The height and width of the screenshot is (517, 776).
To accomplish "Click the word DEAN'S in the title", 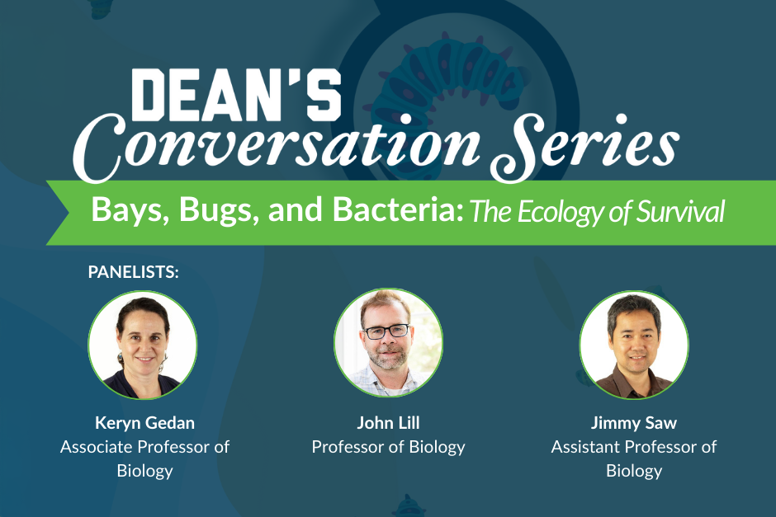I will pyautogui.click(x=236, y=93).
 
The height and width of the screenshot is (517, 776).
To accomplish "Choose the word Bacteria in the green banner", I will pyautogui.click(x=393, y=211).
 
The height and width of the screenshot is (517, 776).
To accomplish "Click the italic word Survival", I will pyautogui.click(x=681, y=212).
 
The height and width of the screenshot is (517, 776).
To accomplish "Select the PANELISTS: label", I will pyautogui.click(x=133, y=271).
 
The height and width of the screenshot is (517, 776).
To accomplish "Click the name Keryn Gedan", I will pyautogui.click(x=145, y=424).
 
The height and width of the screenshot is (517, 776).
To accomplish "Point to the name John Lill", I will pyautogui.click(x=388, y=424).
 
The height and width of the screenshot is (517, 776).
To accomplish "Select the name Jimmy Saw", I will pyautogui.click(x=634, y=424).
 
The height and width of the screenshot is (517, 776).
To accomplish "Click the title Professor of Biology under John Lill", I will pyautogui.click(x=388, y=447).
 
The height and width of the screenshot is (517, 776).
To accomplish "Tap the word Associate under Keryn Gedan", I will pyautogui.click(x=97, y=447).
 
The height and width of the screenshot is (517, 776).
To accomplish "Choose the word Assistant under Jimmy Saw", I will pyautogui.click(x=586, y=447).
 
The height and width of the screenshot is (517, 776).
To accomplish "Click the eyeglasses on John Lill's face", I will pyautogui.click(x=386, y=331).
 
